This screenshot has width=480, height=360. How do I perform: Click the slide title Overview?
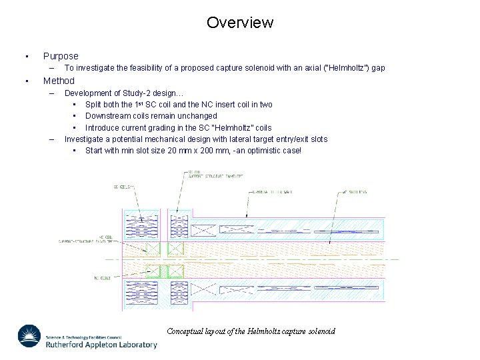coord(240,23)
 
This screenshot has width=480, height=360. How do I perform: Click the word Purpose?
coord(61,57)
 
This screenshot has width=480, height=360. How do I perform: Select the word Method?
coord(59,81)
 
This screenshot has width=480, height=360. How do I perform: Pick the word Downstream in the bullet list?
coord(107,116)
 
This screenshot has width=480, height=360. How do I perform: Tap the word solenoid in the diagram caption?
coord(320,331)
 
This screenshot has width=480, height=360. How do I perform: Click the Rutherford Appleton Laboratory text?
coord(101,345)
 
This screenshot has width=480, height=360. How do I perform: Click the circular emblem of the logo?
coord(29,336)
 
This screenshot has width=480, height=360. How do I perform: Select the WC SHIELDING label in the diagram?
coord(354,192)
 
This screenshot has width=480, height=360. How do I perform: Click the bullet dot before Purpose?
coord(25,57)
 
